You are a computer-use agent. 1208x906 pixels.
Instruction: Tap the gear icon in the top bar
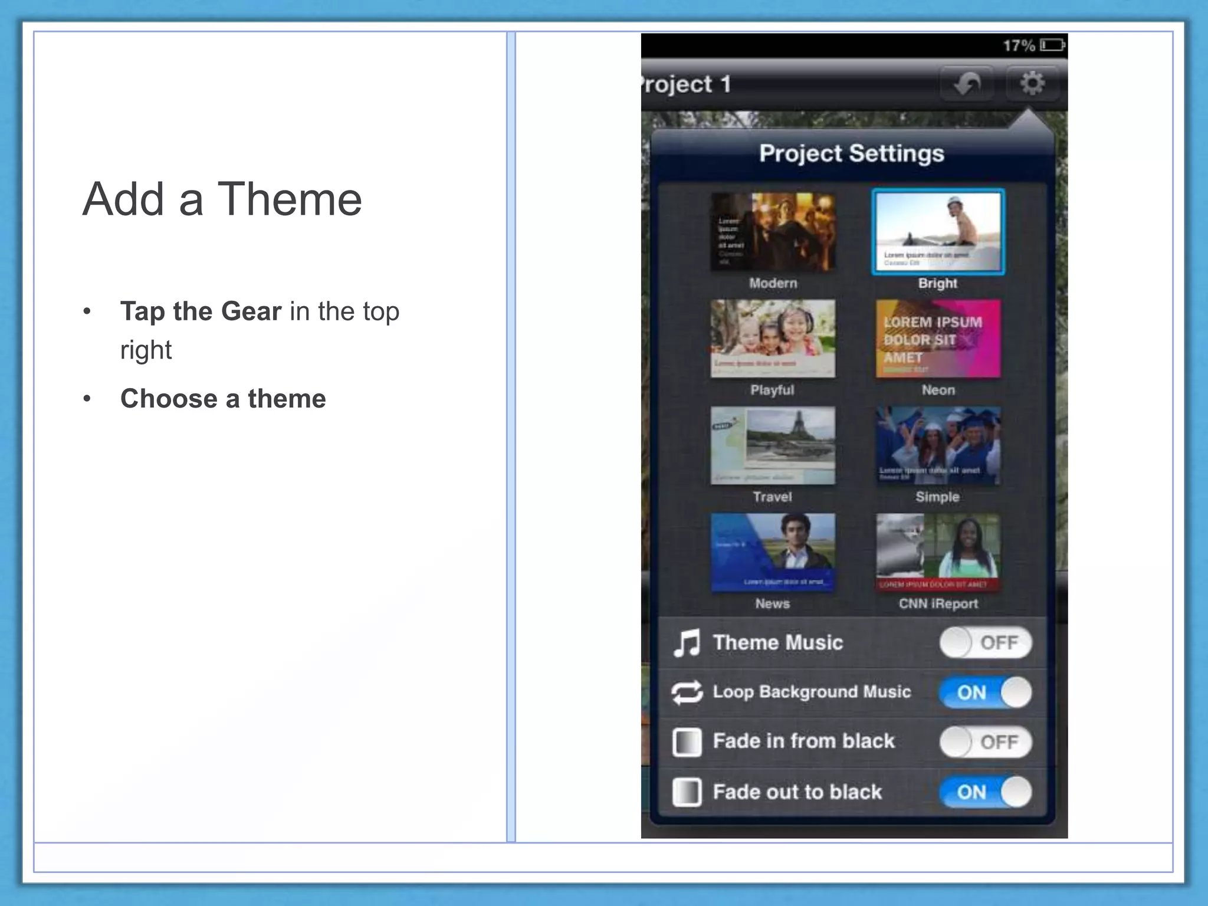1032,83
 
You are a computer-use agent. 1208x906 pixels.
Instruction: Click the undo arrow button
967,84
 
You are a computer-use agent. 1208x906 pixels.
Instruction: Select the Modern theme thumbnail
773,232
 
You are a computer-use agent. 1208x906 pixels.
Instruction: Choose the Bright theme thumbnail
938,232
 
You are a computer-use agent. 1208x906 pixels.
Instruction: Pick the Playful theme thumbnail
773,339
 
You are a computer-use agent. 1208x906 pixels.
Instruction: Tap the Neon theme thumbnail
938,339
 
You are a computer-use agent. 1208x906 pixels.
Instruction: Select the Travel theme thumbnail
773,445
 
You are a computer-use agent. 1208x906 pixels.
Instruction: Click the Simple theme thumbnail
938,445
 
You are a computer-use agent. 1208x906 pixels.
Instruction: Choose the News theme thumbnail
773,552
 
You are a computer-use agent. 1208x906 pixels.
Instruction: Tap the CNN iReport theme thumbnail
938,552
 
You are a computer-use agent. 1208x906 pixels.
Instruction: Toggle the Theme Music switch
986,642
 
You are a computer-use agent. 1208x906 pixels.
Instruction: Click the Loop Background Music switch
986,692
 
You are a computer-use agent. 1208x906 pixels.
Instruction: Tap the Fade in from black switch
986,741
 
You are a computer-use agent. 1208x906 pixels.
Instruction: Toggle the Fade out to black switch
986,792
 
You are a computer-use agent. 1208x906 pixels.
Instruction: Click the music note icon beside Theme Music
687,642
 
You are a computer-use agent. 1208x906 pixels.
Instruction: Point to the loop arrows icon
687,692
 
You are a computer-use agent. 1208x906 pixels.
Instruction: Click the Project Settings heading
851,153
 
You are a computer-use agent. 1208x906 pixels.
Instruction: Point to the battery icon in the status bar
1052,45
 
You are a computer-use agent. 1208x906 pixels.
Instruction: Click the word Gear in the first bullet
251,311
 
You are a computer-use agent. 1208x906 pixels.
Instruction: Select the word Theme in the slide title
290,199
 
